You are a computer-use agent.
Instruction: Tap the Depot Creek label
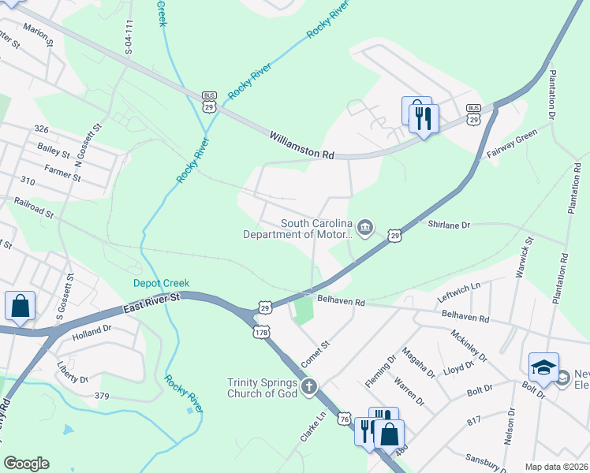pyautogui.click(x=160, y=283)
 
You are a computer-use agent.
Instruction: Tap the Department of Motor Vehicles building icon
pyautogui.click(x=364, y=229)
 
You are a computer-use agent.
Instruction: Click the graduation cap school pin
pyautogui.click(x=543, y=367)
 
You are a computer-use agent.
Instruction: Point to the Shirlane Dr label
pyautogui.click(x=449, y=225)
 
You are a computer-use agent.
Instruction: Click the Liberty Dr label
pyautogui.click(x=73, y=372)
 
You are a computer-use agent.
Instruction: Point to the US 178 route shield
pyautogui.click(x=261, y=333)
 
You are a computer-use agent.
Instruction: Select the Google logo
pyautogui.click(x=26, y=464)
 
